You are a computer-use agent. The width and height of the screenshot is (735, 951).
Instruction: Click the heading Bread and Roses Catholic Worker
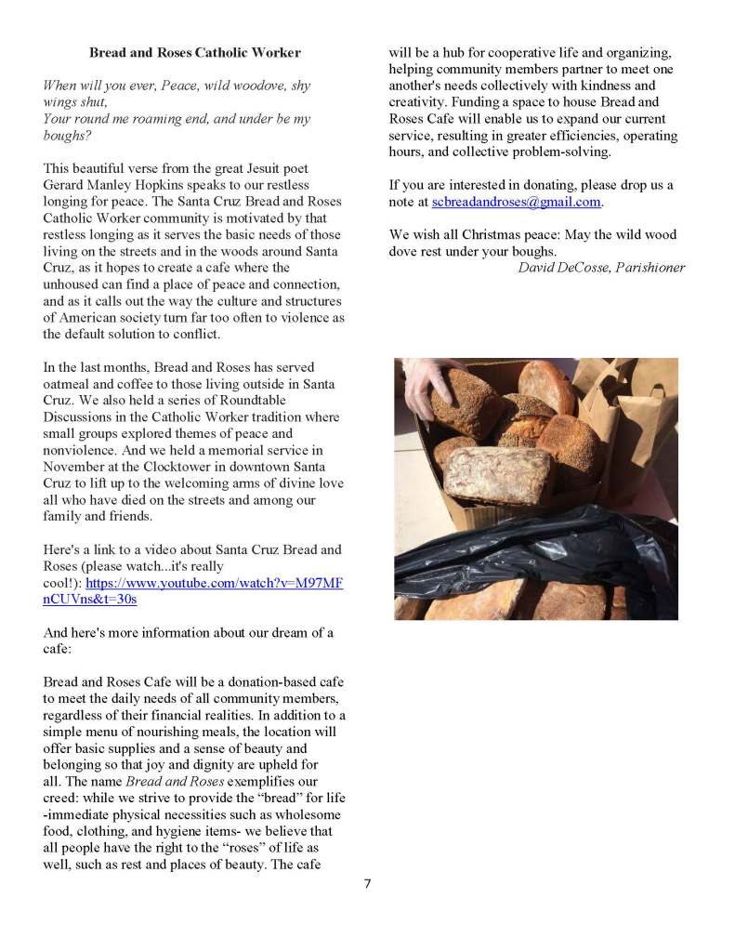[x=195, y=52]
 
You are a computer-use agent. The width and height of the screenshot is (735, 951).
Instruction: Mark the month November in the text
[x=76, y=467]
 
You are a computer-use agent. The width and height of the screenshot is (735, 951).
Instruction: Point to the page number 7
[x=367, y=883]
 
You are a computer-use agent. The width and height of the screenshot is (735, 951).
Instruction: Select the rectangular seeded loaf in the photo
[x=497, y=475]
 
